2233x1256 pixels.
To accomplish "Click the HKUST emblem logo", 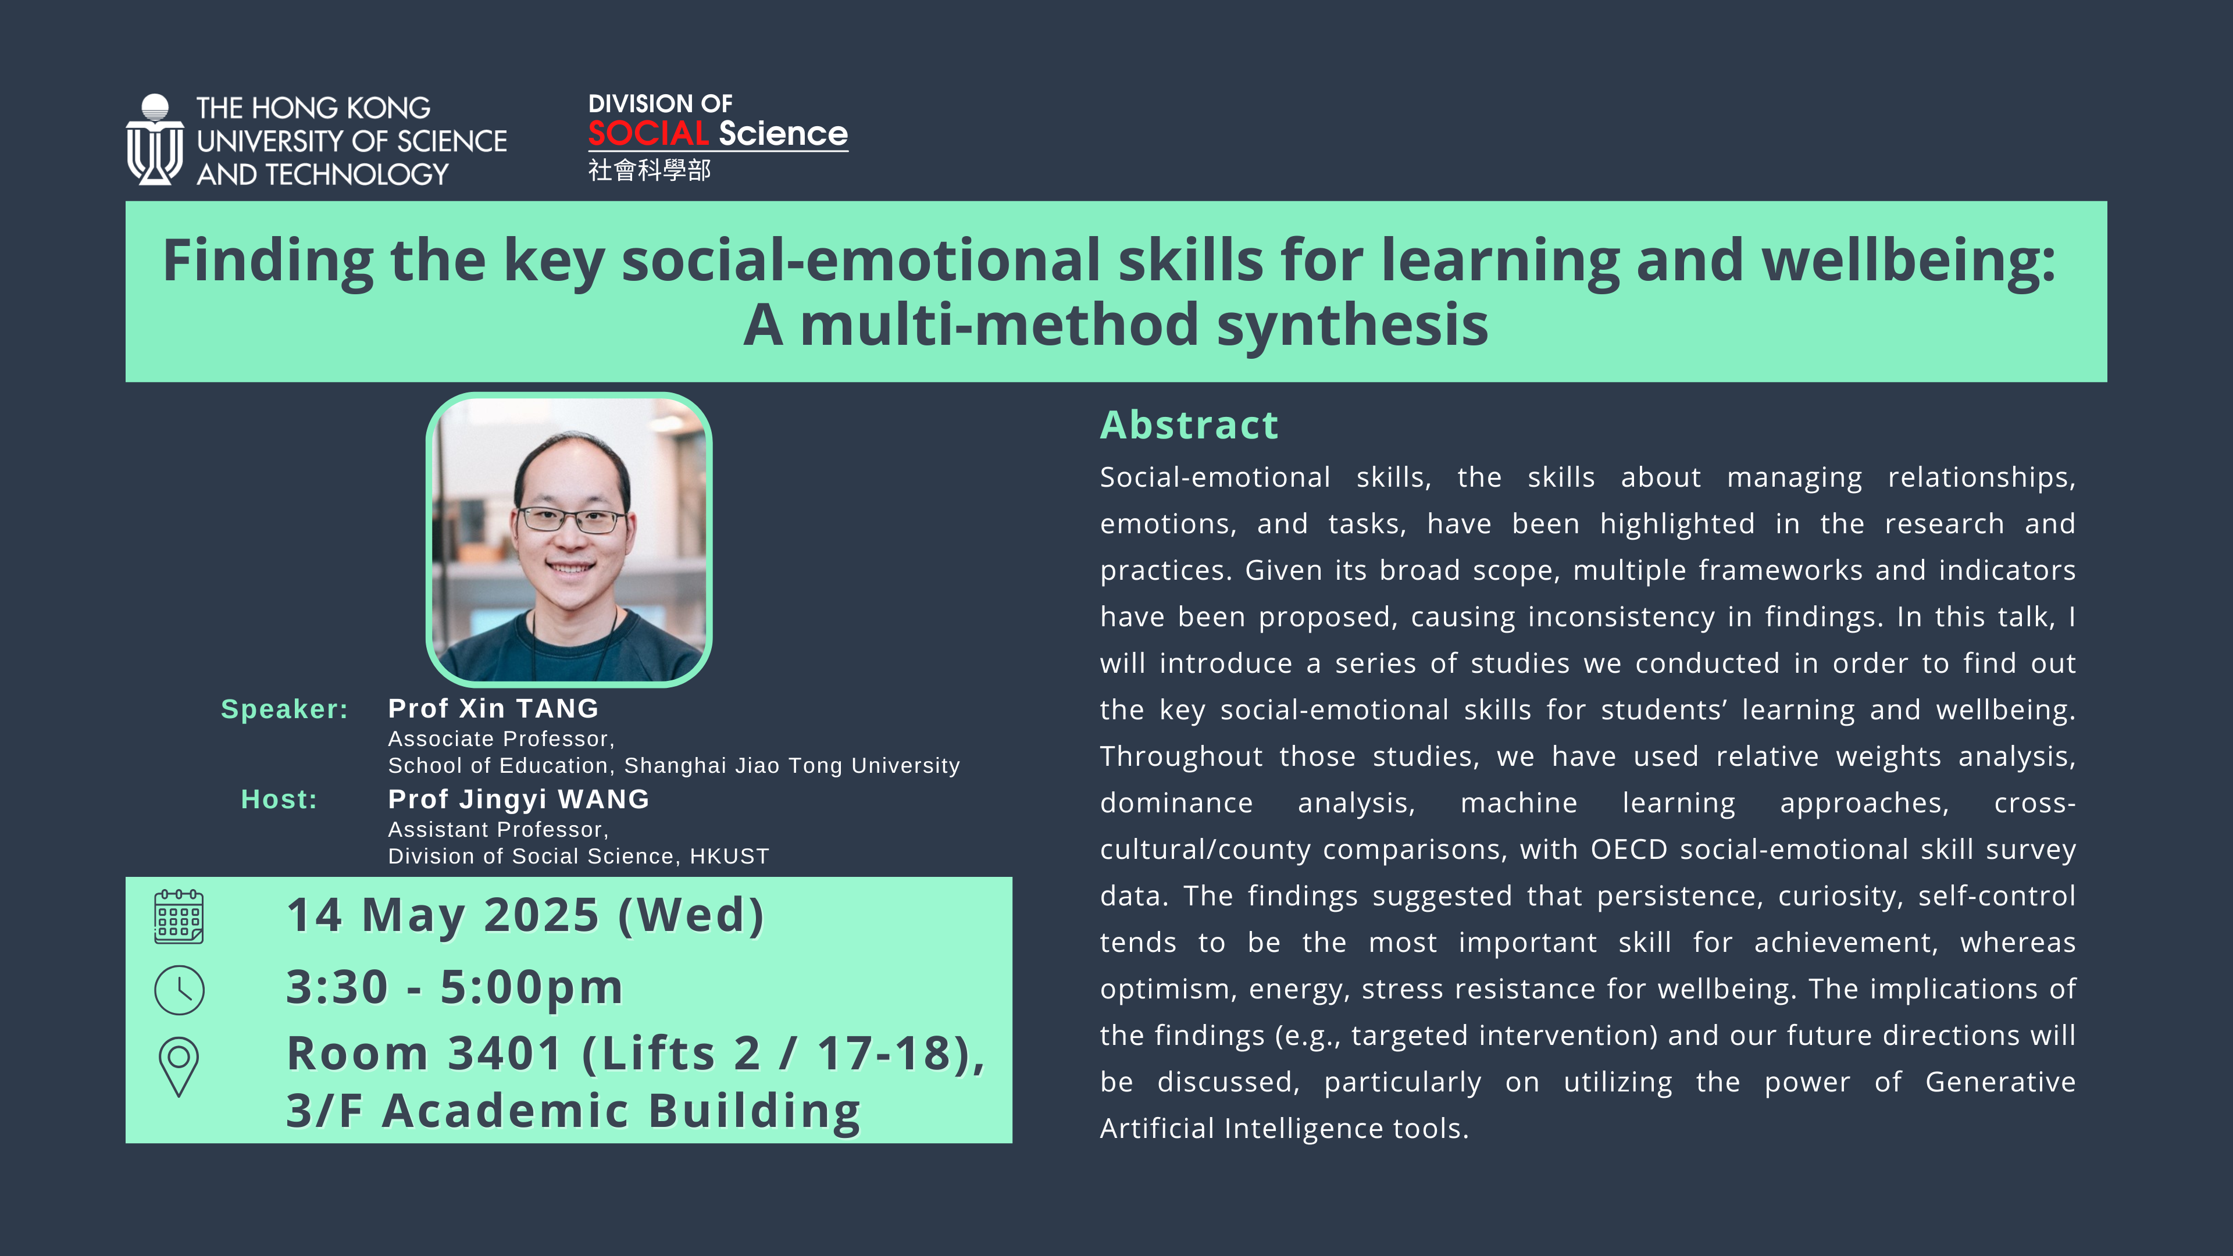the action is tap(154, 140).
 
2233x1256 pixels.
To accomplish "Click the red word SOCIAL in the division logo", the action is tap(648, 134).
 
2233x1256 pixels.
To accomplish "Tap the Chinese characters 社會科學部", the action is tap(650, 170).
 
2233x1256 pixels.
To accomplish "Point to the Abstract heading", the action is tap(1189, 426).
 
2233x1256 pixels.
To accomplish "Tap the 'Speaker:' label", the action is tap(284, 709).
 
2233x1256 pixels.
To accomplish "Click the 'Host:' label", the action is tap(279, 799).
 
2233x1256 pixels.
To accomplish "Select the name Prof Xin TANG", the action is tap(493, 708).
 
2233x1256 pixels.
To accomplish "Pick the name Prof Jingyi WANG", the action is tap(518, 799).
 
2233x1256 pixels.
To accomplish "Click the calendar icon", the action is tap(179, 916).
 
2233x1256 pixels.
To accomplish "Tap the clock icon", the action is tap(180, 990).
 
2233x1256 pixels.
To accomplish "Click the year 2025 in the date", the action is tap(541, 915).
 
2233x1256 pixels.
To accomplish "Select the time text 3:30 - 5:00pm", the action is tap(454, 988).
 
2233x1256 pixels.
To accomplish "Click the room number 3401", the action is tap(505, 1054).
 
